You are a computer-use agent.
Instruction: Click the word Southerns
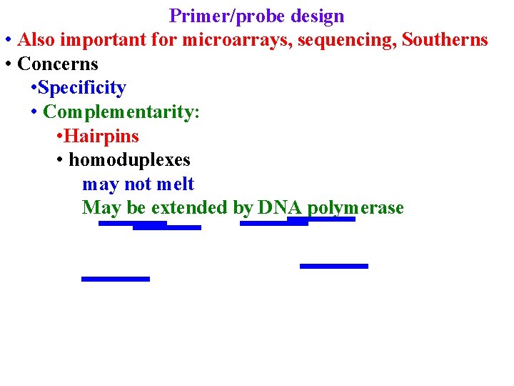pos(445,40)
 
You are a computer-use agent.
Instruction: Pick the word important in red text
pos(98,40)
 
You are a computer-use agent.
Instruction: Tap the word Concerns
pos(58,64)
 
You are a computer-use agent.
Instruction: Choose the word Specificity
pos(82,88)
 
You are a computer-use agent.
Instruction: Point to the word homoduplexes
pos(129,159)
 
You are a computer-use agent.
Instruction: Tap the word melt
pos(176,184)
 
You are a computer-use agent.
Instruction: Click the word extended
pos(189,207)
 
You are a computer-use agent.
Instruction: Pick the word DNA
pos(281,207)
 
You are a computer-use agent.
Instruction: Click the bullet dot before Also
pos(7,41)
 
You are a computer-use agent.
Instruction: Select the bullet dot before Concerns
pos(7,65)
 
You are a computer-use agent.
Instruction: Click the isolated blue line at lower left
pos(116,279)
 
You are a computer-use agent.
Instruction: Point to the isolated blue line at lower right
pos(334,266)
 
